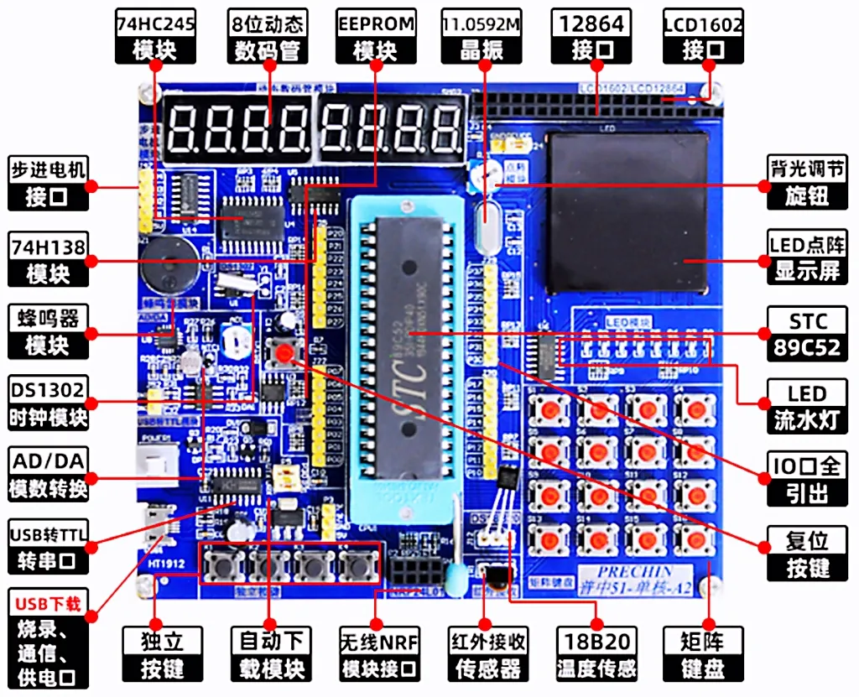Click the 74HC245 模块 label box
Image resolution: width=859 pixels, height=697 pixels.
pos(155,37)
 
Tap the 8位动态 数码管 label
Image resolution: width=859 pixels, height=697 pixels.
pos(267,37)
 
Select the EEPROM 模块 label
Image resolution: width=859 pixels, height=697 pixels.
pos(376,37)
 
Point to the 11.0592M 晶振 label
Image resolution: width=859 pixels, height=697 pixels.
pos(482,37)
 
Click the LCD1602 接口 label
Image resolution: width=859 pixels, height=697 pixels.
pos(703,37)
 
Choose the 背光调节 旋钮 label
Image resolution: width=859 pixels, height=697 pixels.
pos(807,183)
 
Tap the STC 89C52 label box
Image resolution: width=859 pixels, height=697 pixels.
pos(807,333)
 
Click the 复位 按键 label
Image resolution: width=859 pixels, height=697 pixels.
pos(807,554)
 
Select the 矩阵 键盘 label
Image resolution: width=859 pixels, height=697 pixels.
pos(702,655)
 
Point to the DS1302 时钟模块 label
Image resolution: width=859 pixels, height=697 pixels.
pos(49,404)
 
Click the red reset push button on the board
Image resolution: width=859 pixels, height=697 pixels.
pos(285,353)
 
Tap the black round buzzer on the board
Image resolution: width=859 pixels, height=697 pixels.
pos(159,257)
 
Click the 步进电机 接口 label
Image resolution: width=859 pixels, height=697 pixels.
pos(49,183)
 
